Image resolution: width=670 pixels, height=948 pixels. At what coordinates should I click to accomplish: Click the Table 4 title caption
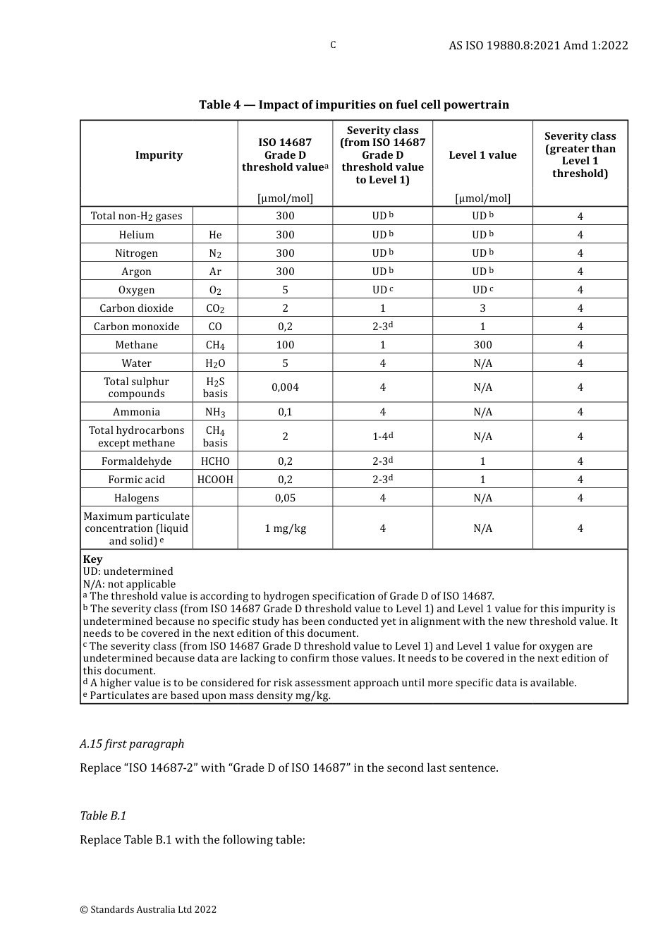pyautogui.click(x=353, y=104)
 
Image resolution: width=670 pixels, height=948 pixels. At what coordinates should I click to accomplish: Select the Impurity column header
pyautogui.click(x=159, y=155)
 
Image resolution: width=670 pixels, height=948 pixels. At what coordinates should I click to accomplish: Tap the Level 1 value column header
pyautogui.click(x=482, y=155)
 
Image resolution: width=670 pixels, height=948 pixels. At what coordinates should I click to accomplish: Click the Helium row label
pyautogui.click(x=136, y=235)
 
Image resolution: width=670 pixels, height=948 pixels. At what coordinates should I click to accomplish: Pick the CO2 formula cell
pyautogui.click(x=215, y=308)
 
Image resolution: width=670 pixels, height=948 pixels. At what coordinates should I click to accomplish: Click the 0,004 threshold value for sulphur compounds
pyautogui.click(x=285, y=387)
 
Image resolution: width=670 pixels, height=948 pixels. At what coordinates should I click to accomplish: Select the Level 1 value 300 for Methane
pyautogui.click(x=482, y=345)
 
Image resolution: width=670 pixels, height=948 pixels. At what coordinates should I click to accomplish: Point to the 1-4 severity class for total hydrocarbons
pyautogui.click(x=382, y=437)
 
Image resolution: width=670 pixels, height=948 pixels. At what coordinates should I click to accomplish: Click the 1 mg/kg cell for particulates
pyautogui.click(x=285, y=528)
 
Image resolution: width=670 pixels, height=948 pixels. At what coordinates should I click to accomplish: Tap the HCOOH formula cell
pyautogui.click(x=215, y=480)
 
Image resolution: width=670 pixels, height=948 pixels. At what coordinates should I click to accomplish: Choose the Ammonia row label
pyautogui.click(x=136, y=412)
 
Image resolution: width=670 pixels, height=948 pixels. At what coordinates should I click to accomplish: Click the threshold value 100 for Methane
pyautogui.click(x=285, y=345)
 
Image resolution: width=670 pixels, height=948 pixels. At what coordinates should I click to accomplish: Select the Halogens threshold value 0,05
pyautogui.click(x=285, y=498)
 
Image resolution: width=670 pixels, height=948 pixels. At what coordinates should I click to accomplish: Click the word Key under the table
pyautogui.click(x=92, y=559)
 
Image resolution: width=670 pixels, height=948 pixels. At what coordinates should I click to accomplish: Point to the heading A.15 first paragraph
pyautogui.click(x=132, y=743)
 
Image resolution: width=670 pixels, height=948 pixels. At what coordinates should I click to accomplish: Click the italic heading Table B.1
pyautogui.click(x=103, y=815)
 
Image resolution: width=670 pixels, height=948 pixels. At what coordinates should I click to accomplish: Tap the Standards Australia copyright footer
pyautogui.click(x=148, y=909)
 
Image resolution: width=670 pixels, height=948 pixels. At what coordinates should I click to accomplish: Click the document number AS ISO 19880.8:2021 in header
pyautogui.click(x=538, y=45)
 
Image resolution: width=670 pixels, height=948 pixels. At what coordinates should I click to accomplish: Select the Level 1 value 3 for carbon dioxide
pyautogui.click(x=482, y=308)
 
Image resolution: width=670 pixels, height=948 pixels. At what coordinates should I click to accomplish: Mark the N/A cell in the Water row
pyautogui.click(x=482, y=363)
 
